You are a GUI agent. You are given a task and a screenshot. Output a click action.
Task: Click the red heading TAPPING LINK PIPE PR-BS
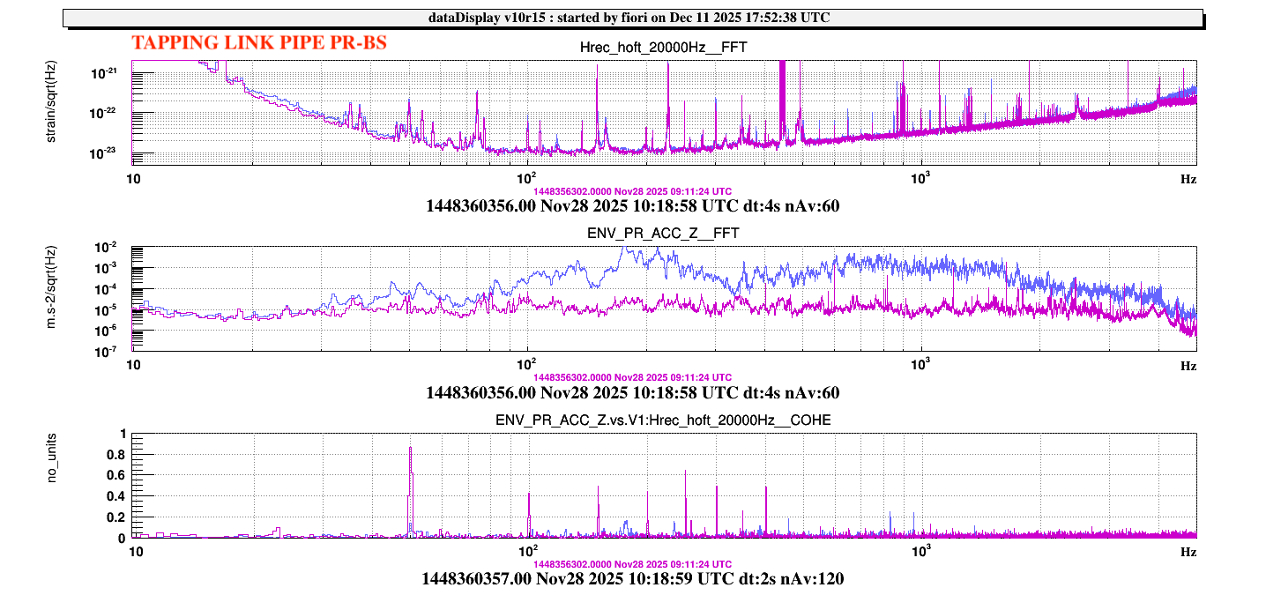pyautogui.click(x=258, y=42)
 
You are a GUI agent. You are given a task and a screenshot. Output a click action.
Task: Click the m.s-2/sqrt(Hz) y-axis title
pyautogui.click(x=54, y=298)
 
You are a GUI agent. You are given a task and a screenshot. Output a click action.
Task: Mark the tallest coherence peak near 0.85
pyautogui.click(x=410, y=449)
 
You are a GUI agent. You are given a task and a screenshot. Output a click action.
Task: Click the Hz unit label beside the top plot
pyautogui.click(x=1188, y=178)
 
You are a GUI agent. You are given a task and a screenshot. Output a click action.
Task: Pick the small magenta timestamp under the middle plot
pyautogui.click(x=632, y=377)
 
